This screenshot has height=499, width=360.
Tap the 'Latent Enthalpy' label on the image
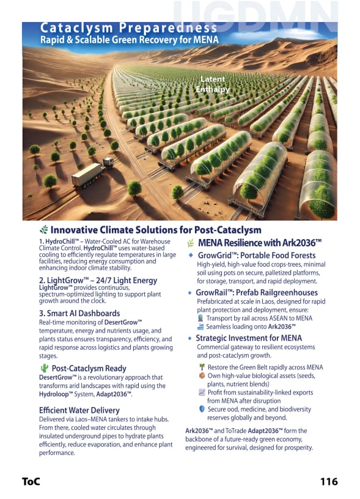coord(213,84)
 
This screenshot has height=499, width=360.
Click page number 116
coord(329,481)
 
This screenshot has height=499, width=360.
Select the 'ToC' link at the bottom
coord(31,481)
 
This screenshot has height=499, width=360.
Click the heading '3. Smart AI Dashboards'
coord(79,313)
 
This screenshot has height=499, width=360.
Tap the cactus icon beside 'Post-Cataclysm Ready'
coord(43,368)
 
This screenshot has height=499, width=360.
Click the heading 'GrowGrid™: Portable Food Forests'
coord(255,255)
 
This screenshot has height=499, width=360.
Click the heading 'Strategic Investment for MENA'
coord(249,338)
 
